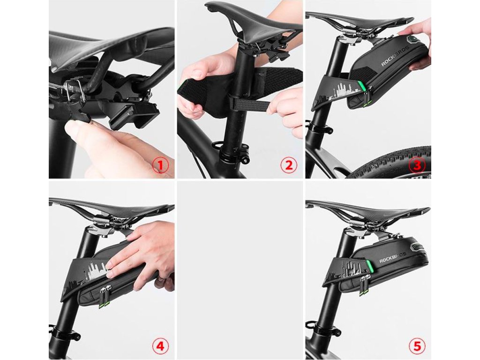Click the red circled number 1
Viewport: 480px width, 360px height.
(160, 165)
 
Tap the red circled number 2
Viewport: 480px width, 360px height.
(289, 165)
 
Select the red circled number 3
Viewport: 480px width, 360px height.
(417, 165)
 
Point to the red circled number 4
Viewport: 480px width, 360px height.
(160, 346)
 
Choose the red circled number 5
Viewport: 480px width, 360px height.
(417, 346)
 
